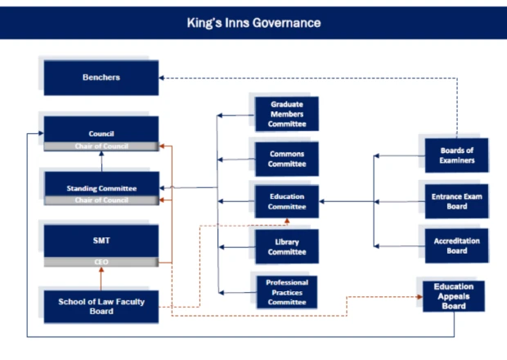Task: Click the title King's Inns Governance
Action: pyautogui.click(x=253, y=22)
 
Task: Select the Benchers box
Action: pyautogui.click(x=101, y=77)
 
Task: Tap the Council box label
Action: pyautogui.click(x=101, y=132)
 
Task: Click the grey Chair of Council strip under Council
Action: pyautogui.click(x=101, y=146)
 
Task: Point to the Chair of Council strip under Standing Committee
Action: pyautogui.click(x=101, y=200)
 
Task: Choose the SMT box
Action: pyautogui.click(x=101, y=241)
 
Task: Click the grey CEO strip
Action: pyautogui.click(x=101, y=263)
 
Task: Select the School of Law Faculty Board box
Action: pyautogui.click(x=101, y=305)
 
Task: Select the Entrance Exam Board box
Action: pyautogui.click(x=456, y=201)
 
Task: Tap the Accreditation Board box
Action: pyautogui.click(x=456, y=245)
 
